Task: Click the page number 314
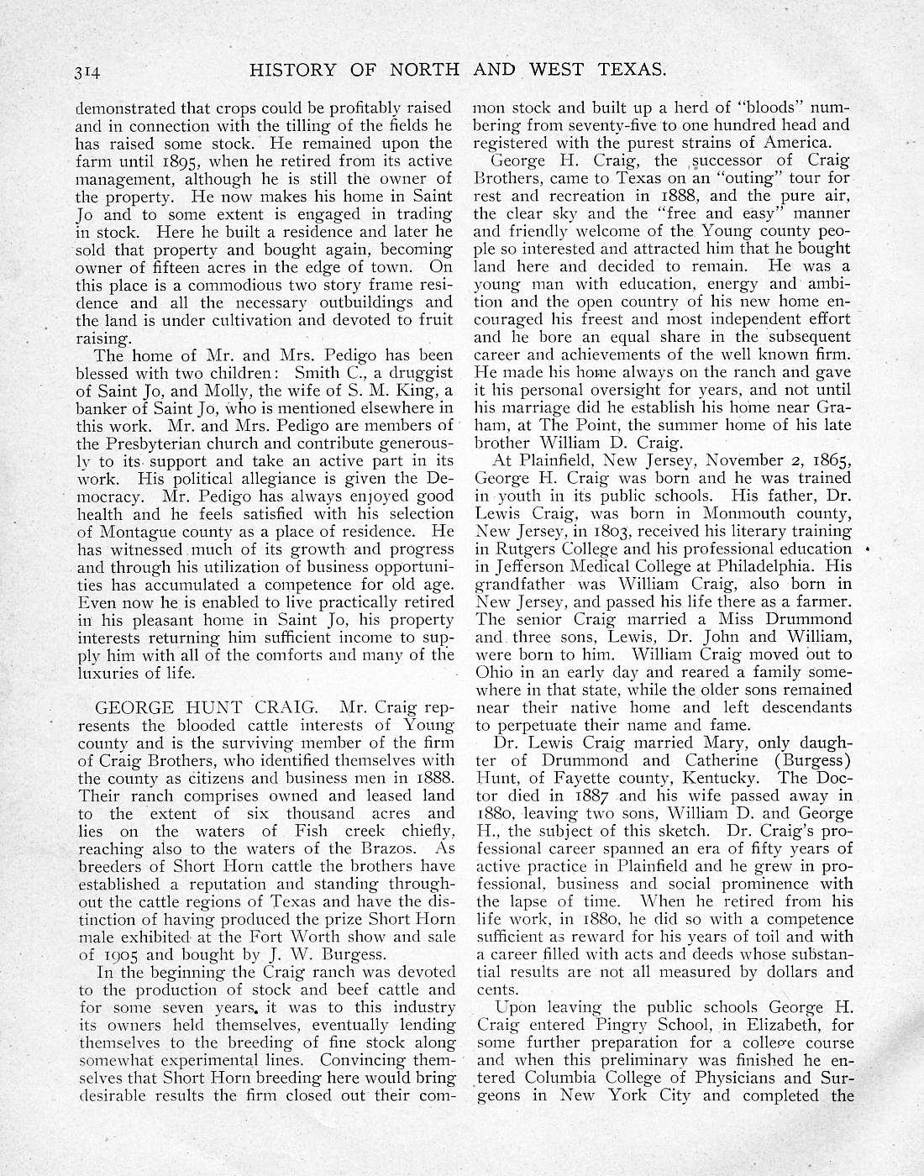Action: [87, 73]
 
